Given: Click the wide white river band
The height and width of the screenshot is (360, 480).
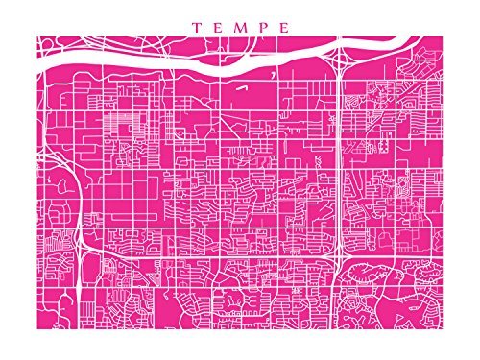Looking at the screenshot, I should point(192,65).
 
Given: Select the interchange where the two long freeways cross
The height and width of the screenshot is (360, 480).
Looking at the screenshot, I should point(341,255).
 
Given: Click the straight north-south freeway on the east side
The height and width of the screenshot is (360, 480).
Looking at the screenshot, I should point(342,154).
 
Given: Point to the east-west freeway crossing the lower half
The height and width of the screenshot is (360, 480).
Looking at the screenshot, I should point(211,254).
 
